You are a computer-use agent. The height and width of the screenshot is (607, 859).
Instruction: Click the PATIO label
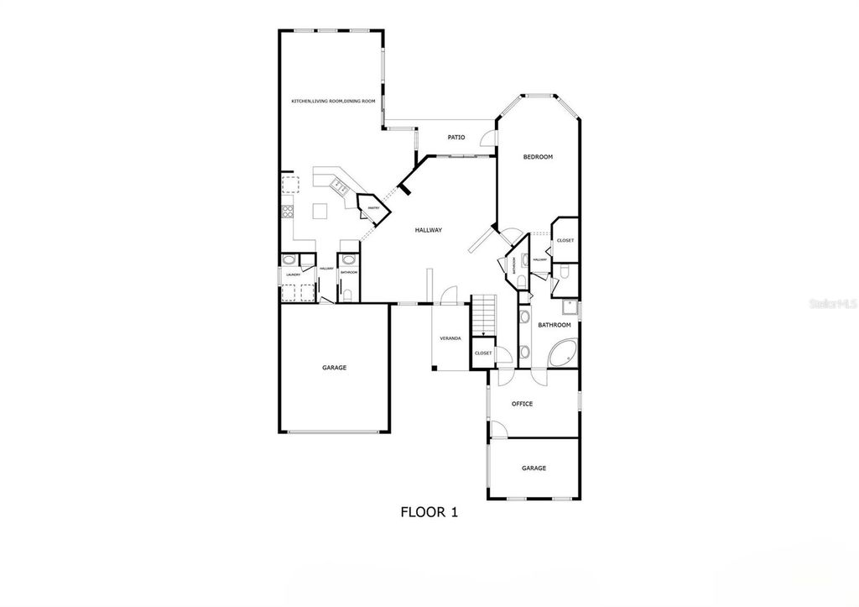point(456,137)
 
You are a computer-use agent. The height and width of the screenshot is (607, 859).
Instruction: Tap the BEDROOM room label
point(538,157)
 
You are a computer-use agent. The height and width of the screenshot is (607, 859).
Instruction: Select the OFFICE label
point(522,404)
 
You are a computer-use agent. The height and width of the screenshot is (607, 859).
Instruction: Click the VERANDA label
point(450,338)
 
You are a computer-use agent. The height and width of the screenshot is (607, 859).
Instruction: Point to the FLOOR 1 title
point(429,511)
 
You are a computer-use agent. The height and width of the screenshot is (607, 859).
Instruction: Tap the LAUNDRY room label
point(293,275)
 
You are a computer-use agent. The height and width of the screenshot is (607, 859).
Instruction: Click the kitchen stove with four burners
point(287,211)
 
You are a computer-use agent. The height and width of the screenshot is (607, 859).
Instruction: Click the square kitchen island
point(320,210)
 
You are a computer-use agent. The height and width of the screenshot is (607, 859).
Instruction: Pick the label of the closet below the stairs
point(483,353)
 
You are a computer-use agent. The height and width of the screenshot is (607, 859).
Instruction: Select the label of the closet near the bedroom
point(565,241)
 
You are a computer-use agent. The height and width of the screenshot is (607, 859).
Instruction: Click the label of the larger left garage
point(334,367)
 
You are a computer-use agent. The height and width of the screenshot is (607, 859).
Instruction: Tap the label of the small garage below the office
point(534,468)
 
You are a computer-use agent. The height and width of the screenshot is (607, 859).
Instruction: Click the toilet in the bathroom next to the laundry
point(347,294)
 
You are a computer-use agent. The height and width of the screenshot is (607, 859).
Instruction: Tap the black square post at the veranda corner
point(434,367)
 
